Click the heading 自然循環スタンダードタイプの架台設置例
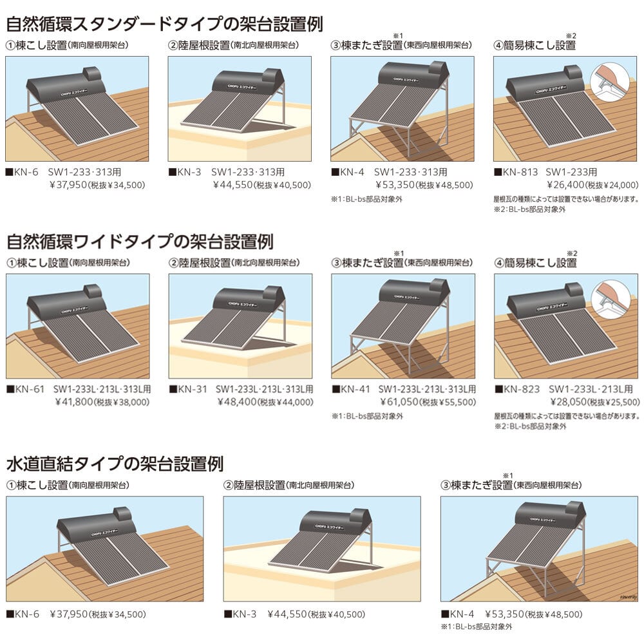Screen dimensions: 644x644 click(x=165, y=23)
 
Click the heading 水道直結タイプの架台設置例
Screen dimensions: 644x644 click(x=115, y=464)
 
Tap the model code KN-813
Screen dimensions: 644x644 click(x=520, y=172)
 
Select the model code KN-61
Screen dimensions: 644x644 click(x=30, y=389)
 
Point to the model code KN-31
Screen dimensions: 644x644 click(x=192, y=389)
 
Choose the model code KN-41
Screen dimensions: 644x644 click(x=355, y=389)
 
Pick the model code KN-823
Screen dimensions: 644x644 click(x=522, y=389)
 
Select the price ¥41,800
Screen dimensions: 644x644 click(x=74, y=402)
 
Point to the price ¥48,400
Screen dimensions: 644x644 click(x=237, y=402)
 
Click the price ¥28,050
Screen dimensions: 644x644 click(x=569, y=402)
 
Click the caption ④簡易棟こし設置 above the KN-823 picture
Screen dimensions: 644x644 click(x=536, y=263)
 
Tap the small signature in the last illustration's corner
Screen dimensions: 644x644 click(x=629, y=597)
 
